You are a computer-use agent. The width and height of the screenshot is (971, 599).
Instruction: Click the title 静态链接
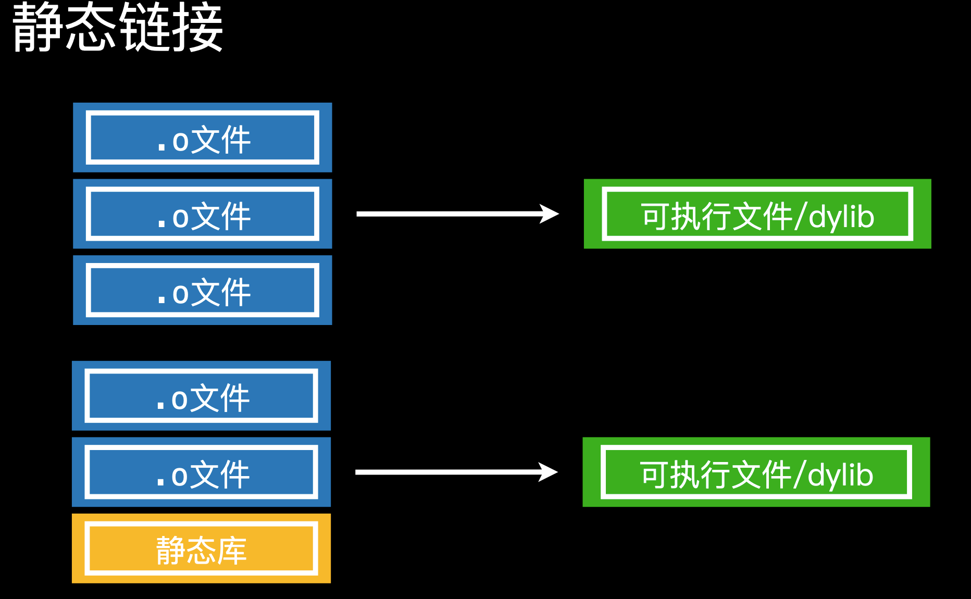118,27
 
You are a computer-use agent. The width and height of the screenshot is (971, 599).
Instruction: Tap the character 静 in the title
38,27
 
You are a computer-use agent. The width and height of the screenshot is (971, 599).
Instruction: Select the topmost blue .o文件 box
202,138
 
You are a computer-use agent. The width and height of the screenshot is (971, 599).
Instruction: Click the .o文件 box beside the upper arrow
202,214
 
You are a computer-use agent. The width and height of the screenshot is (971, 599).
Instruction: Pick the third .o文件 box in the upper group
202,290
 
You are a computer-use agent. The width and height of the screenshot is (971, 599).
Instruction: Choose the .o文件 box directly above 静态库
201,472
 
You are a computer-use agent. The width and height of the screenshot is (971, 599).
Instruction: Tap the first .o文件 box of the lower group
201,396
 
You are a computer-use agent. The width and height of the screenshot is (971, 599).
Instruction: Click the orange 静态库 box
201,548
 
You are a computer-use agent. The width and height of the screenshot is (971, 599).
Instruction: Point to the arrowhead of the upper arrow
550,214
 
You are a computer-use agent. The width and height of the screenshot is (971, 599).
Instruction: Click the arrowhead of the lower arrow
549,472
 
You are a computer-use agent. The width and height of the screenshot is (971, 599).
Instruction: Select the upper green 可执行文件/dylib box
757,214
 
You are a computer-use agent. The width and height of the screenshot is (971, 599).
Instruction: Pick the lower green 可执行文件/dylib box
756,472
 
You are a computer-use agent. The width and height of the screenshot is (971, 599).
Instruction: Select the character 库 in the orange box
232,551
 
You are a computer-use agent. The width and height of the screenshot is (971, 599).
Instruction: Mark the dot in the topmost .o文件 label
161,147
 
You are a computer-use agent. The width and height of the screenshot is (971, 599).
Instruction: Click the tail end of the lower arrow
356,472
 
